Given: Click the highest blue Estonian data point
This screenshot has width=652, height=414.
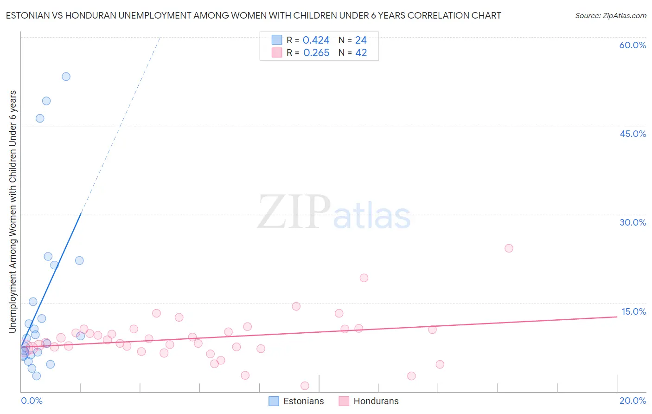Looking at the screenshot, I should pyautogui.click(x=66, y=77).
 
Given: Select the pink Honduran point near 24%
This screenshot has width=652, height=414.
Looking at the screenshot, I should pyautogui.click(x=509, y=248).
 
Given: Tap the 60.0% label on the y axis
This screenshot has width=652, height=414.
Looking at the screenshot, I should pyautogui.click(x=633, y=45).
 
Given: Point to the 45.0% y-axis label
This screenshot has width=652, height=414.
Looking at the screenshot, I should pyautogui.click(x=633, y=134).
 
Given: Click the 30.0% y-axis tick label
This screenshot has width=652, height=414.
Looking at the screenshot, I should pyautogui.click(x=633, y=222).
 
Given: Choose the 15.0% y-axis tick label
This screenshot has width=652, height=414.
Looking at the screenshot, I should pyautogui.click(x=633, y=311).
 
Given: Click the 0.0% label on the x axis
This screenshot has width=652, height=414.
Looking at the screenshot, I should pyautogui.click(x=32, y=401).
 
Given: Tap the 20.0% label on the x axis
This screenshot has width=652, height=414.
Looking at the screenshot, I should pyautogui.click(x=633, y=401).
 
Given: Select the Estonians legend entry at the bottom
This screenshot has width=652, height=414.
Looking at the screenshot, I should pyautogui.click(x=297, y=401).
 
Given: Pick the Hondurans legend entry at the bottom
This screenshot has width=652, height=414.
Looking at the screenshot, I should pyautogui.click(x=369, y=401).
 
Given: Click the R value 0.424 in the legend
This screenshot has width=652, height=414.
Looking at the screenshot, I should pyautogui.click(x=316, y=40).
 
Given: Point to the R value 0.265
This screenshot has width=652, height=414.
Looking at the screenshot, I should pyautogui.click(x=316, y=53).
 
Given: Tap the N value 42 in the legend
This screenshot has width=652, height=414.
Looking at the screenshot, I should pyautogui.click(x=361, y=53).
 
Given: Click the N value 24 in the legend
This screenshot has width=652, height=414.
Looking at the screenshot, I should pyautogui.click(x=361, y=40).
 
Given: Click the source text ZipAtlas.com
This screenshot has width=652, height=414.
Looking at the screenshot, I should pyautogui.click(x=610, y=16).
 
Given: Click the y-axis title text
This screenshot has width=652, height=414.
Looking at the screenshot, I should pyautogui.click(x=13, y=212).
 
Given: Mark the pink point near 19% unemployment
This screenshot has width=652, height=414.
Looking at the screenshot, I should pyautogui.click(x=364, y=278).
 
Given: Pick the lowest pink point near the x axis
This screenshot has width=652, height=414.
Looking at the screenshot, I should pyautogui.click(x=305, y=386).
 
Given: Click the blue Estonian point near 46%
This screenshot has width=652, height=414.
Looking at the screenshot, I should pyautogui.click(x=40, y=118).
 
